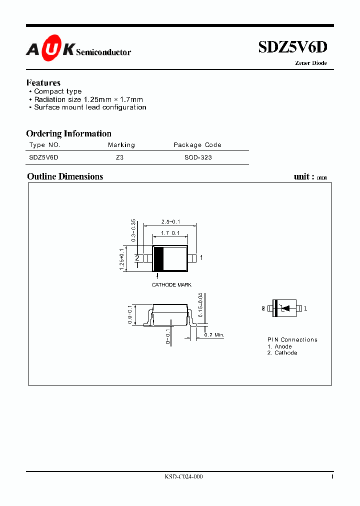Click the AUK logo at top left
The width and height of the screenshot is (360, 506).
(x=50, y=49)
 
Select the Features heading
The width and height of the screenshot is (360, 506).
(x=43, y=82)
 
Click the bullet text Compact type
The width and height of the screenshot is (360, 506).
(x=58, y=91)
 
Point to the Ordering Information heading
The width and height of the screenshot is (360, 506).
(x=68, y=133)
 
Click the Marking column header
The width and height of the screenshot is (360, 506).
(x=121, y=145)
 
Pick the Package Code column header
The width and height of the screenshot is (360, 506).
(x=197, y=145)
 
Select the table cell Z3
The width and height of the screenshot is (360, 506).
(x=119, y=157)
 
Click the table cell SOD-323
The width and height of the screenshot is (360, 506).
(x=198, y=157)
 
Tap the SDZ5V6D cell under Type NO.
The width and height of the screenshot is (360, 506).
(x=44, y=157)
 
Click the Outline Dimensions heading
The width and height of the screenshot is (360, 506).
(x=65, y=176)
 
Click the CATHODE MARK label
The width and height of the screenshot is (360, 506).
(x=171, y=285)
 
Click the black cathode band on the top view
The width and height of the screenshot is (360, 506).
(x=158, y=258)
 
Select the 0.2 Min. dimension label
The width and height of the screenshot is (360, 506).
(x=213, y=334)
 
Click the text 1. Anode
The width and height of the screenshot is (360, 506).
(x=279, y=346)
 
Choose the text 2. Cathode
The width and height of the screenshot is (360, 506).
(x=282, y=353)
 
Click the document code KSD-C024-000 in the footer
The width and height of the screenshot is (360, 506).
(x=183, y=477)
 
